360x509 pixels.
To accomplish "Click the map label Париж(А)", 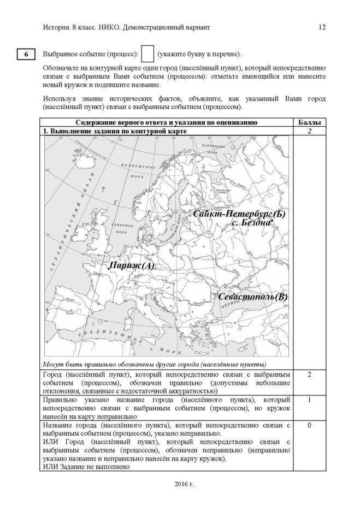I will [132, 265].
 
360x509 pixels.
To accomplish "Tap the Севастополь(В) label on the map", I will [252, 297].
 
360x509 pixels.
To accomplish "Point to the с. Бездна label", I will [251, 223].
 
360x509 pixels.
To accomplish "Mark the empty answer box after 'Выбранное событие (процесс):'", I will [147, 54].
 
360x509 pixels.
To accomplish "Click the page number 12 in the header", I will [322, 27].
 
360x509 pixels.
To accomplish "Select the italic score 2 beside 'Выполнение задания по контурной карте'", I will [310, 131].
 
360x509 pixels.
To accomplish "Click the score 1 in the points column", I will [310, 400].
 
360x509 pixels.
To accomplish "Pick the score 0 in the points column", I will [310, 425].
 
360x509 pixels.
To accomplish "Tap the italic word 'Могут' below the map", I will [52, 364].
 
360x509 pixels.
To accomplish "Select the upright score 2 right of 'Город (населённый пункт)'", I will [310, 375].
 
